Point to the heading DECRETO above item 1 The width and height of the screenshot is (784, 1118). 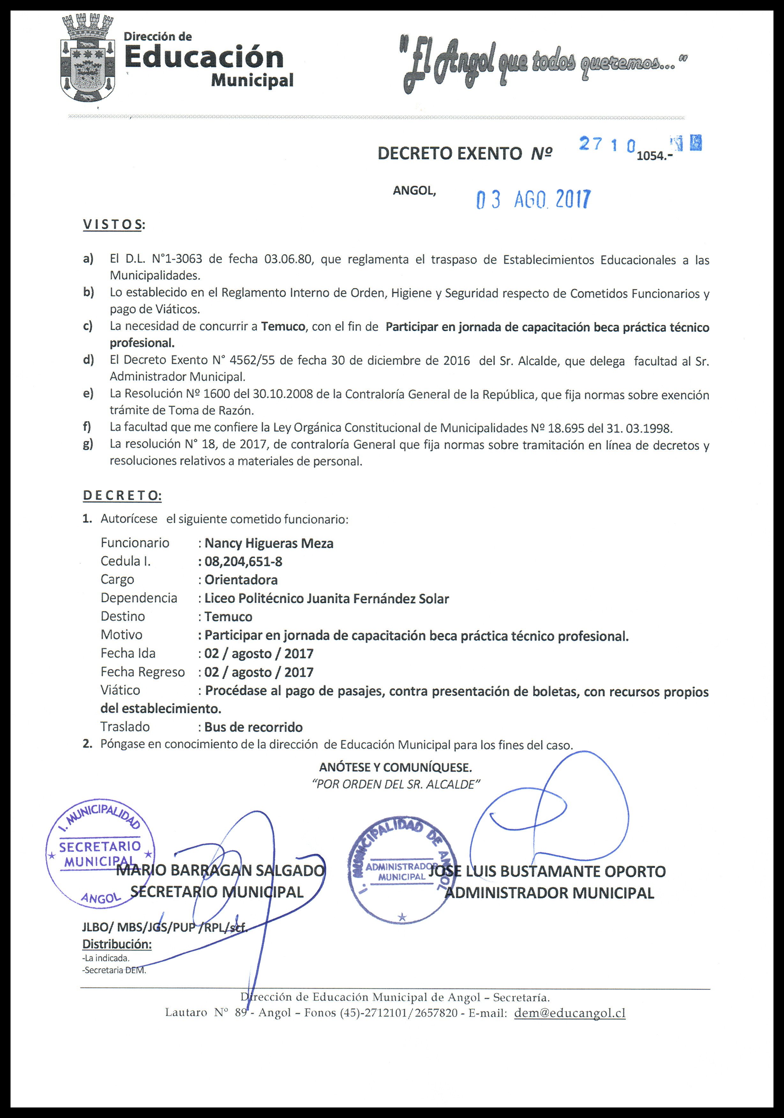click(x=122, y=496)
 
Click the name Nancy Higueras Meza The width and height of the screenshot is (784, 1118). click(x=269, y=543)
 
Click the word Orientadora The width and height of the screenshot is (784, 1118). click(x=241, y=580)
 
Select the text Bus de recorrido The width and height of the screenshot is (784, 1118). click(x=253, y=727)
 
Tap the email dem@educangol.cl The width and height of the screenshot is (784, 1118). click(x=570, y=1013)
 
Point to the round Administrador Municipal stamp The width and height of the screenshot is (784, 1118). click(x=402, y=872)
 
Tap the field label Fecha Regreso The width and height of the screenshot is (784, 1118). click(x=143, y=672)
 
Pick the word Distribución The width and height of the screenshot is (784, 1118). click(x=117, y=944)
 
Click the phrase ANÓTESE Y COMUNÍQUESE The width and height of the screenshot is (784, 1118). click(x=395, y=767)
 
